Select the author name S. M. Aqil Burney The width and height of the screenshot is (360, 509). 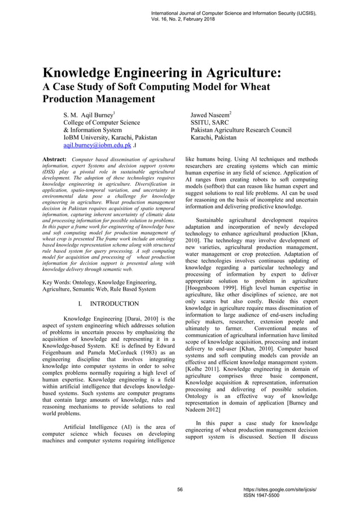click(x=90, y=113)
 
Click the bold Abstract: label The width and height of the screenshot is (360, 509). click(x=55, y=160)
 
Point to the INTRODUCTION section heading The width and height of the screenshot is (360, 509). click(x=114, y=304)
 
